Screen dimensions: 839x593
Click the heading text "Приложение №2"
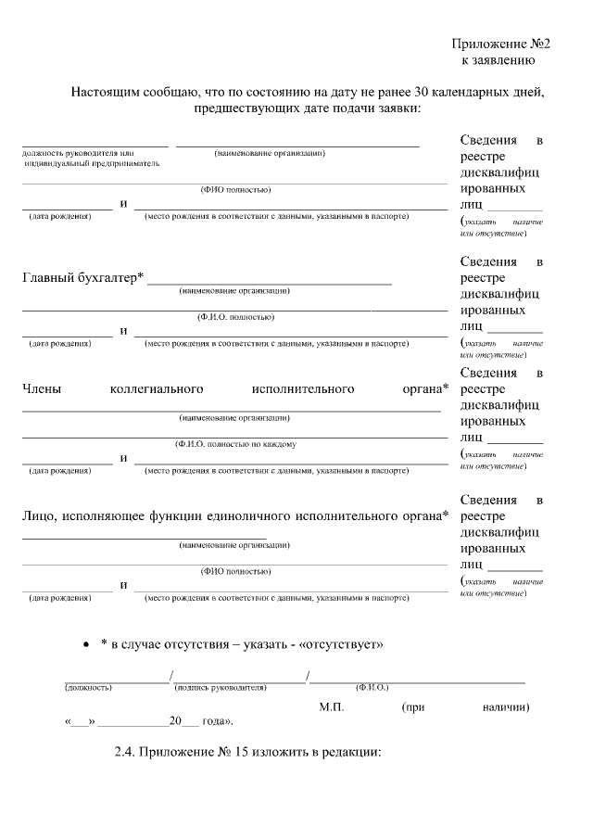pos(501,44)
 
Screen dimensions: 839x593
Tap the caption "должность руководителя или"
pos(79,153)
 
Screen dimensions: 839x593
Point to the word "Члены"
pos(42,389)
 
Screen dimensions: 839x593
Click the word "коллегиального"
pos(156,389)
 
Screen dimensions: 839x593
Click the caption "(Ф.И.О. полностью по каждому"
pos(235,444)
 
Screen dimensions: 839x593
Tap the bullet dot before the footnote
pos(86,643)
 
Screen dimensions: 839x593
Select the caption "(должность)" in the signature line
pos(88,688)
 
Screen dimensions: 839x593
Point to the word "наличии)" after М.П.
pos(506,707)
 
